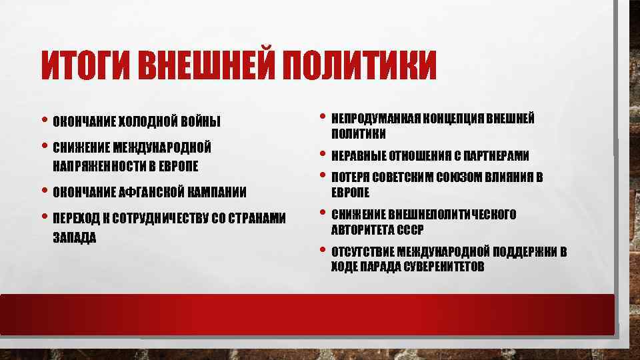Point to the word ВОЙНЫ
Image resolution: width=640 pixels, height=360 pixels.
coord(200,122)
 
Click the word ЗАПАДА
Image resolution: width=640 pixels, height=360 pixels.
coord(74,237)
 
